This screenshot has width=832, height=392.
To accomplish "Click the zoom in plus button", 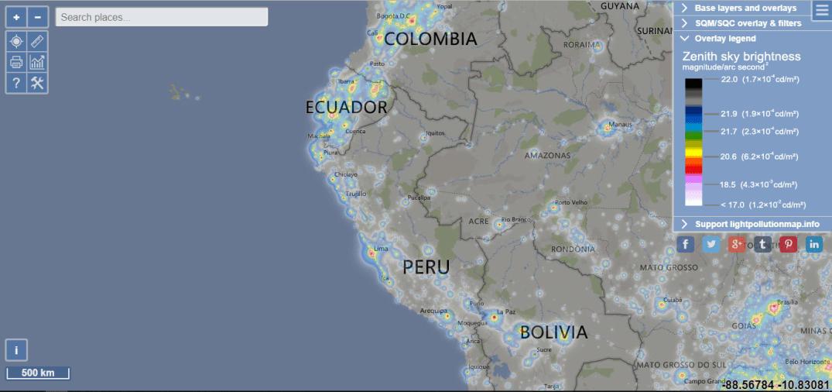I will [17, 17].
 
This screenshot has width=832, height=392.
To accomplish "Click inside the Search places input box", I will [162, 17].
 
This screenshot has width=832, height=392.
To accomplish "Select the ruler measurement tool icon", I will [38, 41].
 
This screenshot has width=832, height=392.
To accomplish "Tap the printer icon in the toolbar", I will [17, 62].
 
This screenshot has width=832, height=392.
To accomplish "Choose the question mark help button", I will [17, 83].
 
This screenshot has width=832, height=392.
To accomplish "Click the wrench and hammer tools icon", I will [38, 83].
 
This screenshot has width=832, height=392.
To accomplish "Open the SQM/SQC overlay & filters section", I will [747, 23].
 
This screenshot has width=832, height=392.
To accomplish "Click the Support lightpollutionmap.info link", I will [756, 224].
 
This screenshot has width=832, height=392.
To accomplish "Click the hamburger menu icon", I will [821, 9].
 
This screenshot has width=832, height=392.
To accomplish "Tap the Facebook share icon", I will [686, 245].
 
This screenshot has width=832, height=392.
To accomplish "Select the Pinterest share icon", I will [789, 245].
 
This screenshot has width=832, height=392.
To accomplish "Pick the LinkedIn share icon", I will [814, 245].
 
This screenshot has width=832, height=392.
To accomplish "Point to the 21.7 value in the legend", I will [728, 131].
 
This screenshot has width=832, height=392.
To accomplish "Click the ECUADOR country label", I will [346, 108].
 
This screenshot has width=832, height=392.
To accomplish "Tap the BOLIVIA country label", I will [553, 332].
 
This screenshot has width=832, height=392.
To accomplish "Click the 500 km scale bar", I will [38, 373].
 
